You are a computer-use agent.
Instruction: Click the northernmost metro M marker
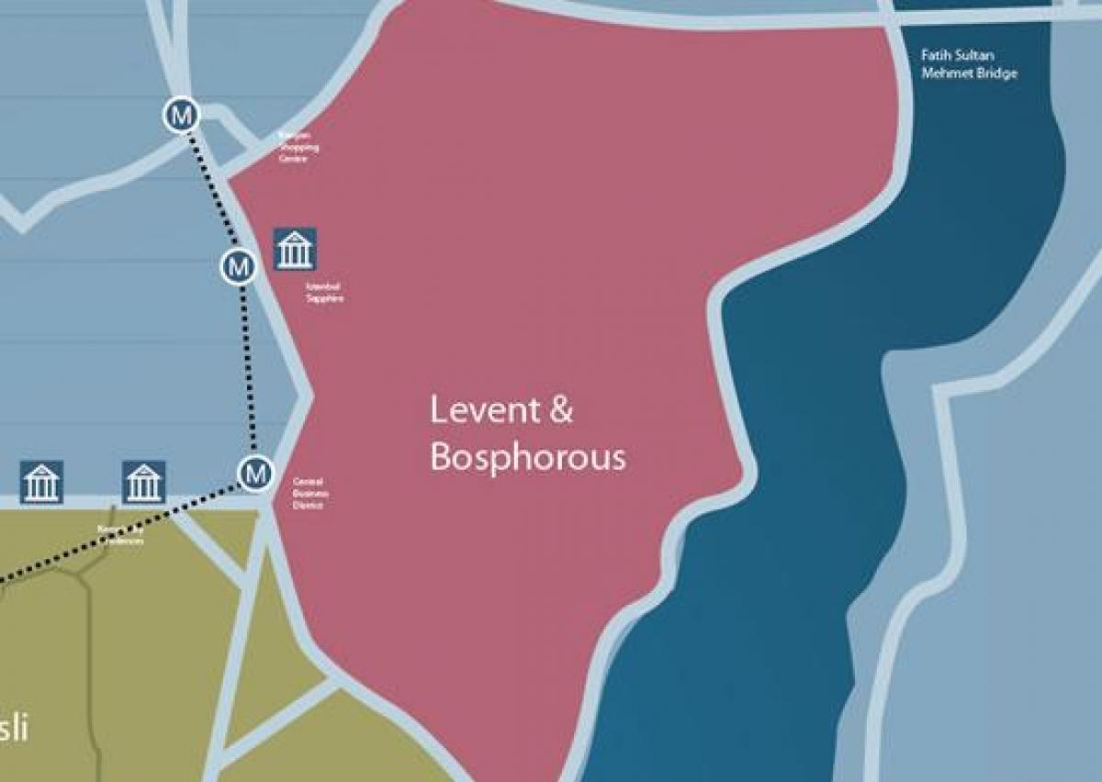click(183, 116)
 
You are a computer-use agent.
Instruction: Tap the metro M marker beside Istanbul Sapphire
click(239, 267)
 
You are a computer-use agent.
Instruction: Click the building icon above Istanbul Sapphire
click(295, 250)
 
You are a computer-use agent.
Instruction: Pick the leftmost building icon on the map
click(41, 483)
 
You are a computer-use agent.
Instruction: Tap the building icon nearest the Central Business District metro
click(143, 483)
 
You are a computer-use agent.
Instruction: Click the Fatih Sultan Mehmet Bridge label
click(969, 64)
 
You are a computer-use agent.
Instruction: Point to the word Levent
click(486, 410)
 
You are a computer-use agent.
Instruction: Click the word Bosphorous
click(528, 457)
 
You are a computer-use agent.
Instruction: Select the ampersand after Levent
click(560, 410)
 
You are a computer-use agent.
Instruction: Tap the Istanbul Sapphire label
click(324, 292)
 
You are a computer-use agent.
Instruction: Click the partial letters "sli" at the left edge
click(14, 729)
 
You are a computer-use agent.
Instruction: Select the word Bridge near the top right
click(998, 73)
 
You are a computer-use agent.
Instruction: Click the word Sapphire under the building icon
click(325, 298)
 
